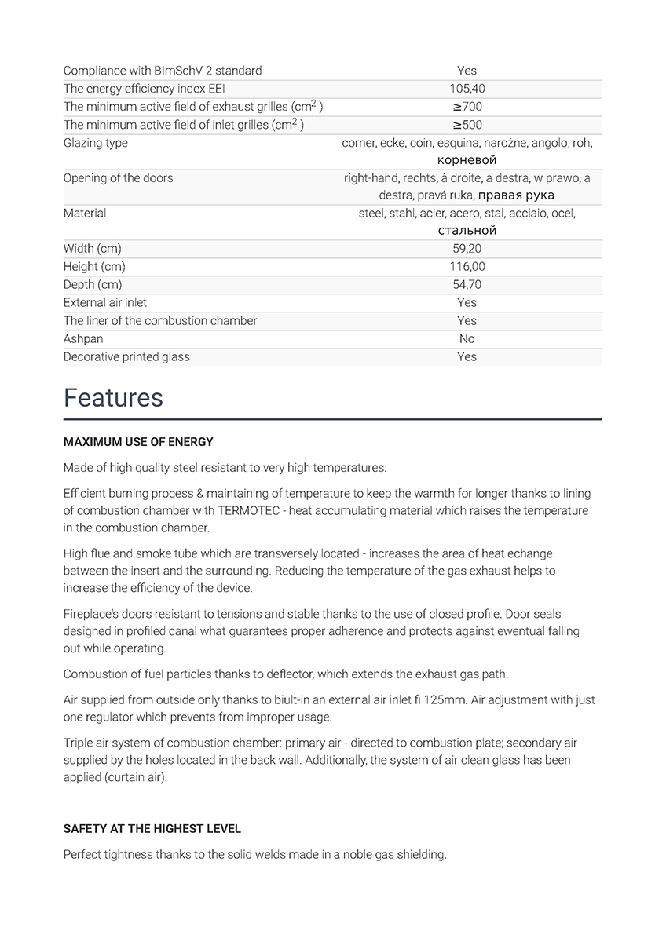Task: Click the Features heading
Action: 113,398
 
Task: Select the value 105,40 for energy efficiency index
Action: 467,89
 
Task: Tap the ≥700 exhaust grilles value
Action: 467,107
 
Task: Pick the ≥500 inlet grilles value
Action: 467,125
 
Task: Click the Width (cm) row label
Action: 93,249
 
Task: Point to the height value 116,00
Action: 467,267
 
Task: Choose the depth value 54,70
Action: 467,285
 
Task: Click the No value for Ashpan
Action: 467,339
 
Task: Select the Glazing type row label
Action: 95,143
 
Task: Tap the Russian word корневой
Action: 467,160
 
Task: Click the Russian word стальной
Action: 467,231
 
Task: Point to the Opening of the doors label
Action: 118,177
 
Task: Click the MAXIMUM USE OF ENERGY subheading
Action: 138,442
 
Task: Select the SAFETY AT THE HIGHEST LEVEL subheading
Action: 152,829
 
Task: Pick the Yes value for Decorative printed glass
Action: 467,357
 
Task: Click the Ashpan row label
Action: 83,339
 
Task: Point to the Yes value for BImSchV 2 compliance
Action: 467,71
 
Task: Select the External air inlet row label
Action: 105,303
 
